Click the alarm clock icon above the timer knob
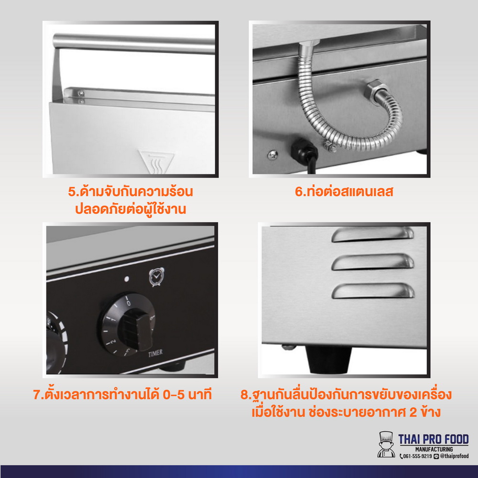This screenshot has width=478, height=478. click(x=156, y=276)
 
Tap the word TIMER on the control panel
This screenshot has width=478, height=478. click(x=155, y=353)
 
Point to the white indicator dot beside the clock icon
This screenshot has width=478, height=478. click(x=127, y=279)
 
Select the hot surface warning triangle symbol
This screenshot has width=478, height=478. click(x=156, y=162)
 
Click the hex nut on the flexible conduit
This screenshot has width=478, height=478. click(x=374, y=89)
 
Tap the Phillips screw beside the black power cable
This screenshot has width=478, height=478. click(x=272, y=155)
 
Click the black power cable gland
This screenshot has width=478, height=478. click(x=304, y=151)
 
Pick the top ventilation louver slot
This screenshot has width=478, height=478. click(x=372, y=234)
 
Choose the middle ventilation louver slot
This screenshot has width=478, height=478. click(x=372, y=262)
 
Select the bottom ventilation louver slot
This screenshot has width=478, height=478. click(x=373, y=291)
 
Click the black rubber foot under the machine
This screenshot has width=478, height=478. click(x=329, y=360)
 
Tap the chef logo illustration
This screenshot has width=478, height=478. click(x=386, y=444)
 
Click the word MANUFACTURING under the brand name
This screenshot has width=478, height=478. click(x=434, y=449)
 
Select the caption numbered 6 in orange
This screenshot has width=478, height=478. click(x=344, y=192)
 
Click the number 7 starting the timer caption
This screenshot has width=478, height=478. click(x=37, y=394)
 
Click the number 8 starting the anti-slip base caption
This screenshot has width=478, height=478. click(x=244, y=395)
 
